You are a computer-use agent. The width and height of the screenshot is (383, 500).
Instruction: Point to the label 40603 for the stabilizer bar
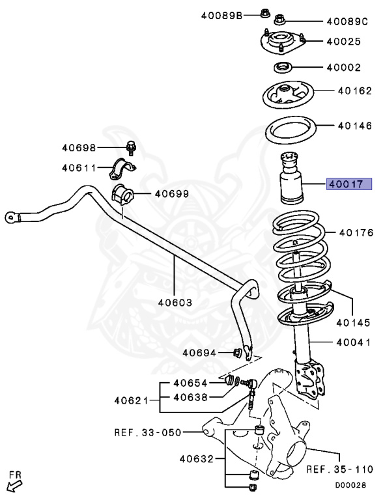tap(174, 303)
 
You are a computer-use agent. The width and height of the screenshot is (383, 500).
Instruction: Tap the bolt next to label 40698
tap(130, 148)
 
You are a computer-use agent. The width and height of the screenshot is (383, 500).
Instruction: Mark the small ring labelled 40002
tap(282, 66)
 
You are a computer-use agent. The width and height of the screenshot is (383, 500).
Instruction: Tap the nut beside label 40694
tap(238, 353)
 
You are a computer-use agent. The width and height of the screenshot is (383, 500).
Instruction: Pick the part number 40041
tap(354, 342)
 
